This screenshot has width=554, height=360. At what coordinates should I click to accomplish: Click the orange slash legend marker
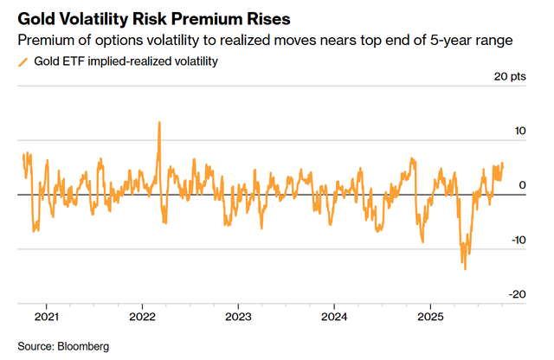(23, 61)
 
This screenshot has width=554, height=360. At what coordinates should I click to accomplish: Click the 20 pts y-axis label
(509, 77)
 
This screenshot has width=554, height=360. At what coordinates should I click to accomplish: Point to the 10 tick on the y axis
(517, 131)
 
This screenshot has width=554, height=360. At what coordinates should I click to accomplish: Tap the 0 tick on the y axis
(521, 185)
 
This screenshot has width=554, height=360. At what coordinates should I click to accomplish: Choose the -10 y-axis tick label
(515, 240)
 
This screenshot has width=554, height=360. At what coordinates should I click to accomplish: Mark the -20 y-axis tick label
(515, 294)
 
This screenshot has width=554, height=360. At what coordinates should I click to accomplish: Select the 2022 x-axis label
(142, 316)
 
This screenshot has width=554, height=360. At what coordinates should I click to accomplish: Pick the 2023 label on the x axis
(238, 316)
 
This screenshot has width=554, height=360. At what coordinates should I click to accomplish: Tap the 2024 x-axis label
(334, 316)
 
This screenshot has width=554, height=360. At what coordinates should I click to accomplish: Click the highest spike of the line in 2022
(159, 122)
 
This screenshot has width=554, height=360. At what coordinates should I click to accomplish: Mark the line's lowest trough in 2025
(465, 269)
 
